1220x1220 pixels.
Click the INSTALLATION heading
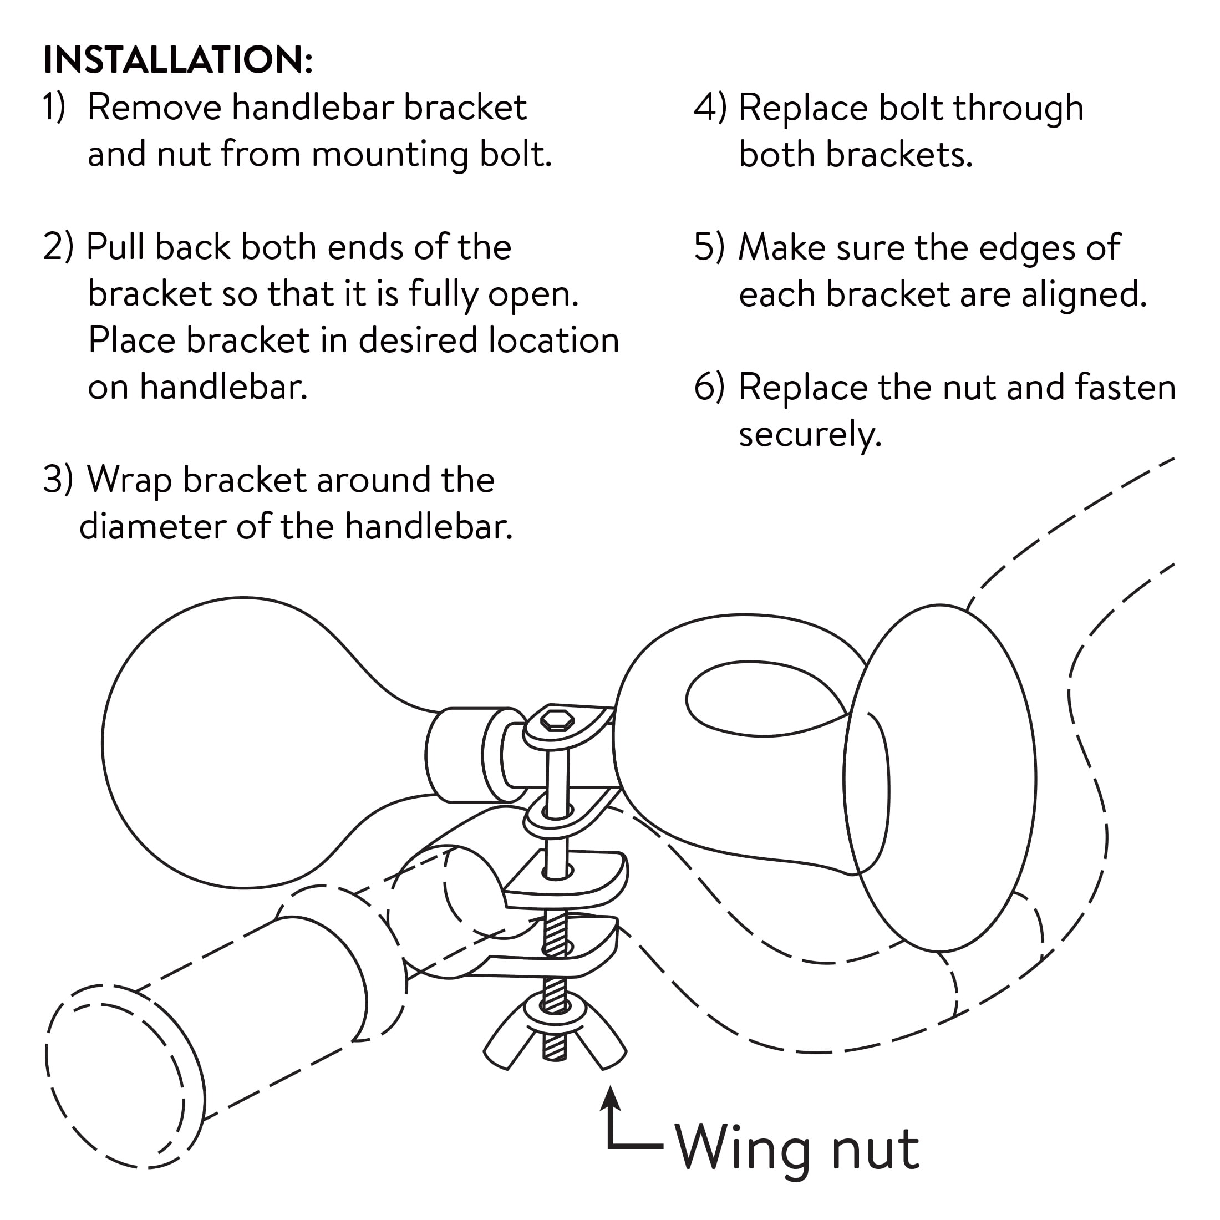[x=177, y=60]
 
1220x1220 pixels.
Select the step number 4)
[x=710, y=108]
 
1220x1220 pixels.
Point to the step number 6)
[x=710, y=387]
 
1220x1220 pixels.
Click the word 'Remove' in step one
[x=155, y=108]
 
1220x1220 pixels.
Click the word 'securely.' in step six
[x=810, y=434]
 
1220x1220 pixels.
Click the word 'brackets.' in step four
[x=899, y=154]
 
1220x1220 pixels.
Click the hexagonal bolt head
[x=557, y=720]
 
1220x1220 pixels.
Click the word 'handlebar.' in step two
[x=223, y=387]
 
